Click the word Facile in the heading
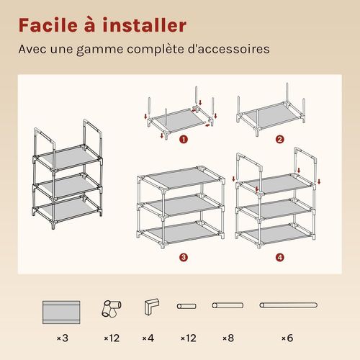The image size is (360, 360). [48, 25]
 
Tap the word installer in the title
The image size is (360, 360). [145, 25]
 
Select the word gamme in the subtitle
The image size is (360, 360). [100, 50]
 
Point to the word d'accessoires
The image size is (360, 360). [229, 49]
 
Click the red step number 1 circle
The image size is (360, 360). [184, 139]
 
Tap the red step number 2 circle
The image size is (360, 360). [280, 139]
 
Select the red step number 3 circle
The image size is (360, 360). [184, 258]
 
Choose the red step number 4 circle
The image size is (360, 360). [280, 258]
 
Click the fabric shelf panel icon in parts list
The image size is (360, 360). [61, 312]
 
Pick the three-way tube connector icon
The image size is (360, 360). [111, 308]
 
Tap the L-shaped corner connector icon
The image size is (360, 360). [152, 307]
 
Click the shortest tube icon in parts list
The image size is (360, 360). [186, 306]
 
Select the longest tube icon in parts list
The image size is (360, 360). [289, 305]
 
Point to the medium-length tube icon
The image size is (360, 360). [228, 305]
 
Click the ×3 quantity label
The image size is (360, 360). [63, 338]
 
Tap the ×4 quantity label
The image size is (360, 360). [148, 338]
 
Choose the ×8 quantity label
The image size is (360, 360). [228, 338]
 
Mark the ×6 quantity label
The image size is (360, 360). [287, 338]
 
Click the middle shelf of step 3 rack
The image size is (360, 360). [181, 204]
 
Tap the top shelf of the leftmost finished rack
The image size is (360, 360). [68, 158]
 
